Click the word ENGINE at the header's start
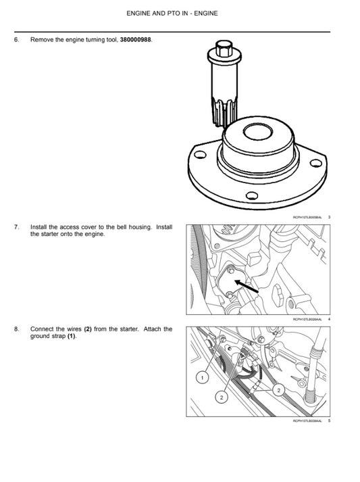(140, 13)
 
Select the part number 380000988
(135, 40)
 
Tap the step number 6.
(16, 40)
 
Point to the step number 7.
(16, 227)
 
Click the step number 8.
(16, 329)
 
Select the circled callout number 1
(201, 375)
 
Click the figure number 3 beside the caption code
(328, 216)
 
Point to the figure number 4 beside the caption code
(328, 318)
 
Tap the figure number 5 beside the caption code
(328, 420)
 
